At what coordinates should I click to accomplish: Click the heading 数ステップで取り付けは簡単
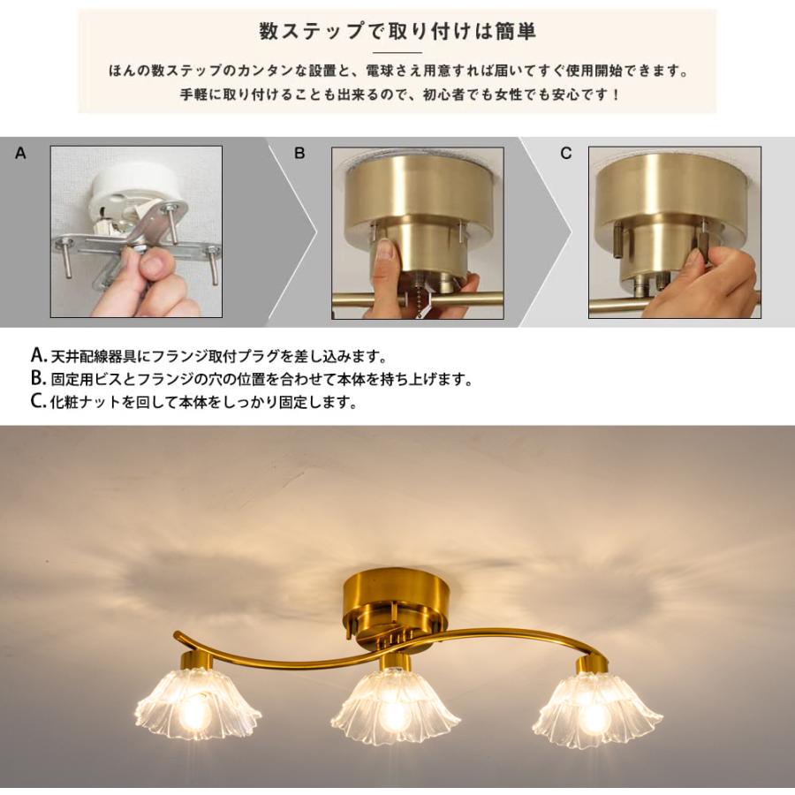(397, 32)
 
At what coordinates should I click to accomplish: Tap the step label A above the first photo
(21, 153)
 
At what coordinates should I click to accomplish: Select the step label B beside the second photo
(299, 153)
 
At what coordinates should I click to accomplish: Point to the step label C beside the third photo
(566, 153)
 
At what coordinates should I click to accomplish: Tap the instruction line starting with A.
(208, 357)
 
